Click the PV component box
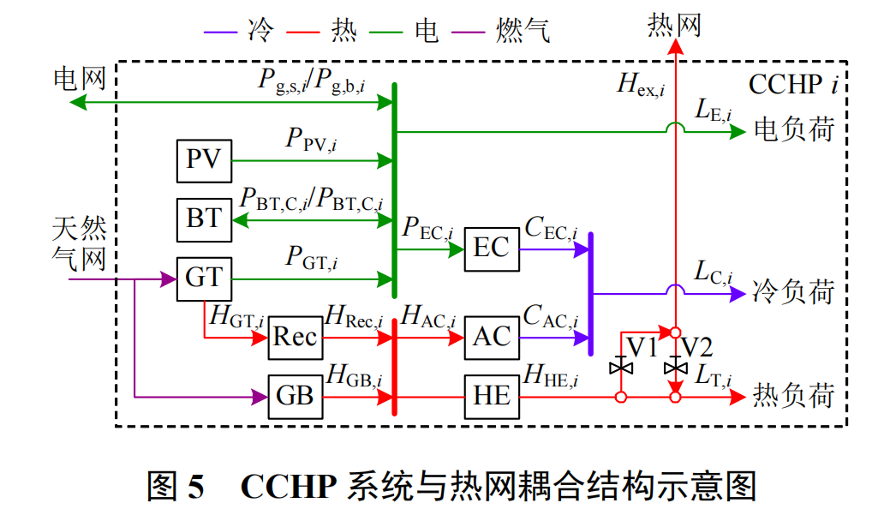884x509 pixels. [x=204, y=160]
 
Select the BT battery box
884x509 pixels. [x=204, y=219]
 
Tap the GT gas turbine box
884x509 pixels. [x=204, y=278]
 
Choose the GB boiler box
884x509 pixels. [x=295, y=396]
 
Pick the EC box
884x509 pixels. [x=492, y=249]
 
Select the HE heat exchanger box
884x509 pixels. [x=492, y=396]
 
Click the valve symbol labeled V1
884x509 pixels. [x=621, y=368]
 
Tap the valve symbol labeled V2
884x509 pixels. [x=676, y=368]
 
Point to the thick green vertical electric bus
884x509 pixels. [x=394, y=189]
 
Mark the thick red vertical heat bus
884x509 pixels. [x=394, y=367]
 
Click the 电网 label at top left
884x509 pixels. [x=80, y=79]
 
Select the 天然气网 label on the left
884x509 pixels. [x=80, y=243]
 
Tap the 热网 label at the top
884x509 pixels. [x=674, y=25]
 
